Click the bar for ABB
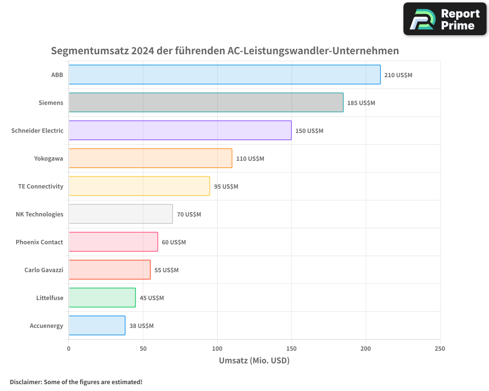[224, 75]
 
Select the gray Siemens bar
[206, 103]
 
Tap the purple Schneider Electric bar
[180, 130]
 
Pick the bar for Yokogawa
[150, 158]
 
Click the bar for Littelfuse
[102, 298]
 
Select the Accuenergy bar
[97, 326]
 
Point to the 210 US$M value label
[398, 75]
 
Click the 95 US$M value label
[226, 187]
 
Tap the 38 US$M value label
[141, 326]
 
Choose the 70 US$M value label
[189, 215]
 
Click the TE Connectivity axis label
[41, 187]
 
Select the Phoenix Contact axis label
[39, 242]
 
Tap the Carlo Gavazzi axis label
[44, 270]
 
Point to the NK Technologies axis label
[39, 215]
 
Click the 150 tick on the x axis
[291, 348]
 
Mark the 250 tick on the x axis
[440, 348]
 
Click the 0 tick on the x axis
[69, 348]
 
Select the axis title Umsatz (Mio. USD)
[254, 361]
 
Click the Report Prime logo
[445, 19]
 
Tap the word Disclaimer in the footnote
[25, 382]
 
